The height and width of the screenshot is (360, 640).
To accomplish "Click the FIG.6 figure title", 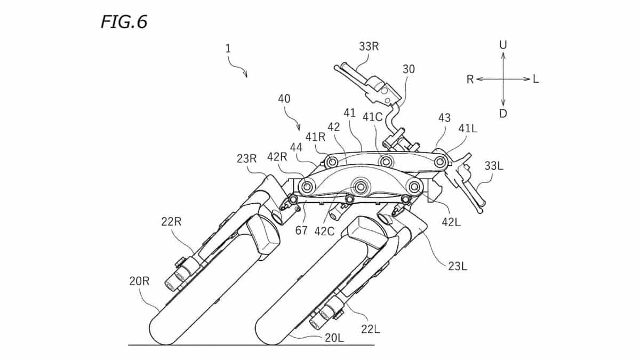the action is coord(124,22).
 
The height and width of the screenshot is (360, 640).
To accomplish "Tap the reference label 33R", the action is coord(369,46).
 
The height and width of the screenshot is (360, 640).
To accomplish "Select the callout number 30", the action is coord(409,69).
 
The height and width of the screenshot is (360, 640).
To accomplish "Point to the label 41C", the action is coord(373,117).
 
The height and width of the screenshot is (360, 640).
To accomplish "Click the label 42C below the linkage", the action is coord(324,231).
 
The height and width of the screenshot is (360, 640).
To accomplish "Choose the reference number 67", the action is coord(301,230).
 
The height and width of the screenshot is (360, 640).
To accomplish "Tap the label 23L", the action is coord(458,266).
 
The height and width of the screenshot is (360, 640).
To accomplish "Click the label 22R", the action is coord(171,221).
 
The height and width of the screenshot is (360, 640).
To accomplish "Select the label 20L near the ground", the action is coord(334,338).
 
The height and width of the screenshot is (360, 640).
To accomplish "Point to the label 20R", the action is coord(139,282).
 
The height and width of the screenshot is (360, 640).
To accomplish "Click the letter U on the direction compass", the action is coord(503,45).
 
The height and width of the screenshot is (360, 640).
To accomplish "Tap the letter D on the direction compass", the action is coord(503,114).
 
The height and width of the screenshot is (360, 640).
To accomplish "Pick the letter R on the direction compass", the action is coord(470,79).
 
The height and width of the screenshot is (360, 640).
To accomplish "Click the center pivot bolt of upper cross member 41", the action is coord(386,162).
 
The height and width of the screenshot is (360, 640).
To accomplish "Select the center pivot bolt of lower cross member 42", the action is coord(361,187).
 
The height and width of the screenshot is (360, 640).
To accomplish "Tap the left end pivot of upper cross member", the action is coord(441,162).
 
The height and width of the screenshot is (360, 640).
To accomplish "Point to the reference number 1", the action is coord(228,49).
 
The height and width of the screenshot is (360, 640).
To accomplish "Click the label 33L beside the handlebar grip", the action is coord(494,166).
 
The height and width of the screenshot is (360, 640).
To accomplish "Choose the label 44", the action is coord(297,148).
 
